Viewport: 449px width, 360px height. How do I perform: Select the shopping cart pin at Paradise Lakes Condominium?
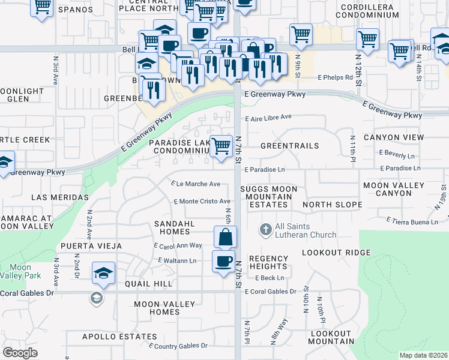pos(221,146)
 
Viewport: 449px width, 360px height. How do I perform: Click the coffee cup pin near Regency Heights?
pos(224,262)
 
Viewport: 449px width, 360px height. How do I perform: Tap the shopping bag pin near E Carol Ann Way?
pos(224,237)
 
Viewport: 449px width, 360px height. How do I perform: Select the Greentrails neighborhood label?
pos(290,146)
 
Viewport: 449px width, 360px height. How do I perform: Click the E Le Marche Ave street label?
pos(196,184)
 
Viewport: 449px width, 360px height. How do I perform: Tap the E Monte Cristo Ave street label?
pos(202,202)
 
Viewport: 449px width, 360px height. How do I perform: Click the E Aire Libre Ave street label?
pos(268,117)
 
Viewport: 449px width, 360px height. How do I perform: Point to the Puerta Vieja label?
pos(91,246)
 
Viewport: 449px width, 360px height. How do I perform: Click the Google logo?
pos(20,353)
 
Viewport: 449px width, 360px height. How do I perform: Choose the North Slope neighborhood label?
pos(332,205)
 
